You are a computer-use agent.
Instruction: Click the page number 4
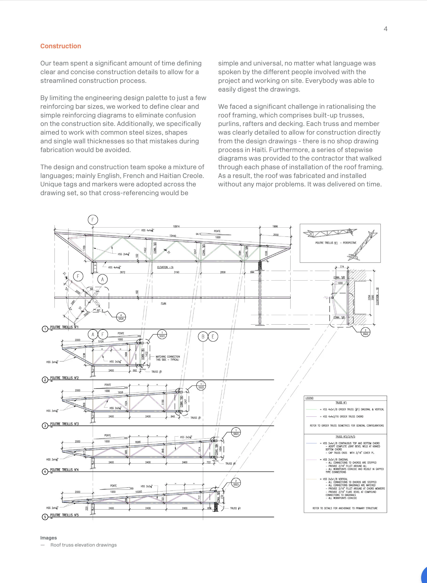pos(385,29)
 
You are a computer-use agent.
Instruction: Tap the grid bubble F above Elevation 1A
pos(93,220)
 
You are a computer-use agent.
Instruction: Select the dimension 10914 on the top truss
pos(176,226)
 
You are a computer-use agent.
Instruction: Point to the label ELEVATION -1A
pos(165,267)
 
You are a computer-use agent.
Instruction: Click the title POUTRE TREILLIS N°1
pos(64,327)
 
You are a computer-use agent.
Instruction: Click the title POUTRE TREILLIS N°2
pos(64,378)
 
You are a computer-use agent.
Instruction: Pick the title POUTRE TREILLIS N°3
pos(64,424)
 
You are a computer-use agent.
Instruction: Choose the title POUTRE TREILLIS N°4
pos(64,470)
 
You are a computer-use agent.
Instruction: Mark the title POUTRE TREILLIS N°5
pos(64,515)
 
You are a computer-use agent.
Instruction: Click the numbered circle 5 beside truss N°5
pos(45,517)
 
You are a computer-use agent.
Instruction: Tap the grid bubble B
pos(203,337)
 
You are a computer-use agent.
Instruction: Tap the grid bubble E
pos(213,337)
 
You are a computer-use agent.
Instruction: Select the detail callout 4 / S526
pos(121,317)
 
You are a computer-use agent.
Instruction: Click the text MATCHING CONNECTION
pos(168,357)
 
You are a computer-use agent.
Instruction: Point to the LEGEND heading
pos(309,398)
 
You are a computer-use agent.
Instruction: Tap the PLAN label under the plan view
pos(163,303)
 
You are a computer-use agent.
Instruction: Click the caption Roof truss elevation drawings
pos(84,545)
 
